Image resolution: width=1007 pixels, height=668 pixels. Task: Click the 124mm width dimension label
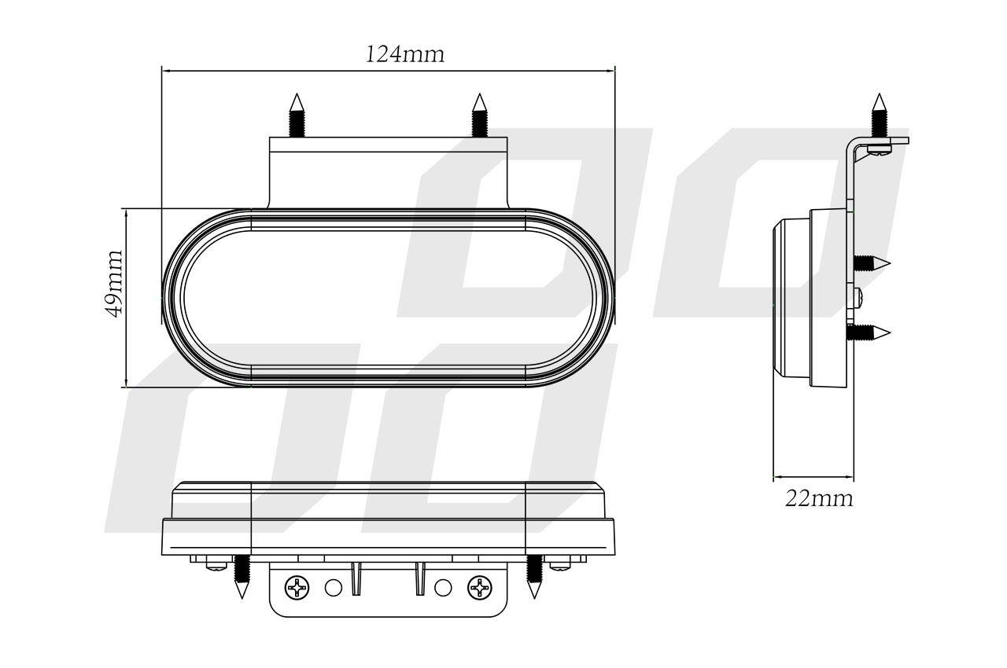(x=404, y=54)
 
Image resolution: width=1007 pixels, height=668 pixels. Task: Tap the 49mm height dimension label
(x=115, y=283)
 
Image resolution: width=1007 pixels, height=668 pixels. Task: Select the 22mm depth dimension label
(x=818, y=498)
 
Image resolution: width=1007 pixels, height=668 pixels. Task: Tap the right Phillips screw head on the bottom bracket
(x=479, y=586)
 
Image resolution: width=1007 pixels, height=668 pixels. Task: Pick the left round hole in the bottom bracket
(x=334, y=586)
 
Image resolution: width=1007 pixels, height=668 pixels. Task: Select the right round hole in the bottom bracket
(x=442, y=586)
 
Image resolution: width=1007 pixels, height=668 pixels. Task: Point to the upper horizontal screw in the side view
(x=872, y=262)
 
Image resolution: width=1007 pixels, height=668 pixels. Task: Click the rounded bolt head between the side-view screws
(x=859, y=297)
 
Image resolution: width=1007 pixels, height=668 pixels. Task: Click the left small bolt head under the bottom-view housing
(x=213, y=564)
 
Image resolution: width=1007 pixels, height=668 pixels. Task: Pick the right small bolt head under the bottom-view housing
(x=560, y=564)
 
